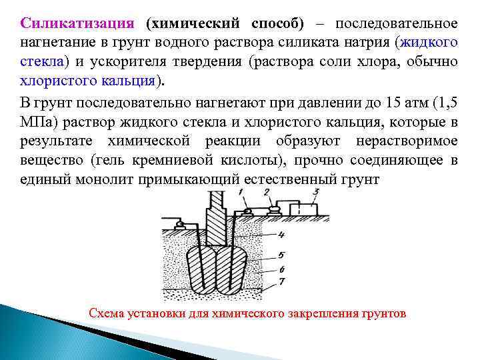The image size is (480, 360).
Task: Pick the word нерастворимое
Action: click(x=407, y=142)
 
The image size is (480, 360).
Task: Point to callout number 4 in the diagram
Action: click(x=281, y=235)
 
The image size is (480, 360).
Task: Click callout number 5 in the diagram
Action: click(x=281, y=255)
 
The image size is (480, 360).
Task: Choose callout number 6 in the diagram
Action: click(x=281, y=268)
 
